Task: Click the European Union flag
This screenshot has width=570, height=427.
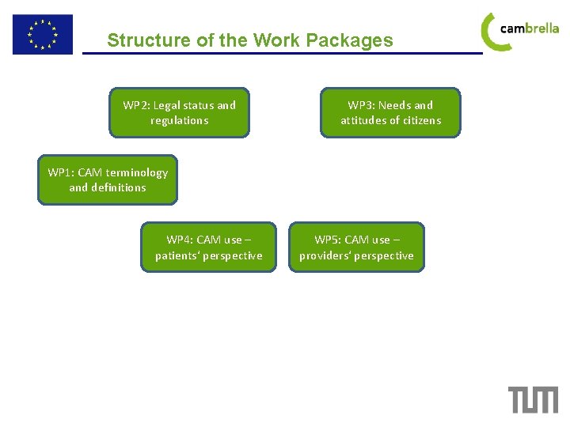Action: [x=42, y=35]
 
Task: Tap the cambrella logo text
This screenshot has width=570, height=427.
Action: [x=530, y=28]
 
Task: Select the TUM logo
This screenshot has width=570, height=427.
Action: [x=533, y=399]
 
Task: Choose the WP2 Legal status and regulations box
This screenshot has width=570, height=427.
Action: [x=179, y=112]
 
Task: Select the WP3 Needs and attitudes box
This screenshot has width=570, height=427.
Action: [x=390, y=112]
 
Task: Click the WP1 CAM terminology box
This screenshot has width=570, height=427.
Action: [x=108, y=179]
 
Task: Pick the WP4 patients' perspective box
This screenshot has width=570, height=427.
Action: [x=208, y=247]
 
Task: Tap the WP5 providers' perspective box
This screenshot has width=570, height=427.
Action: [x=356, y=247]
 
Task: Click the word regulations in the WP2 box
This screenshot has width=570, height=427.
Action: [x=180, y=120]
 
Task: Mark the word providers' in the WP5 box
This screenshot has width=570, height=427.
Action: [x=325, y=255]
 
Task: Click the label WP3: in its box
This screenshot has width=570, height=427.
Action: [x=361, y=105]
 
